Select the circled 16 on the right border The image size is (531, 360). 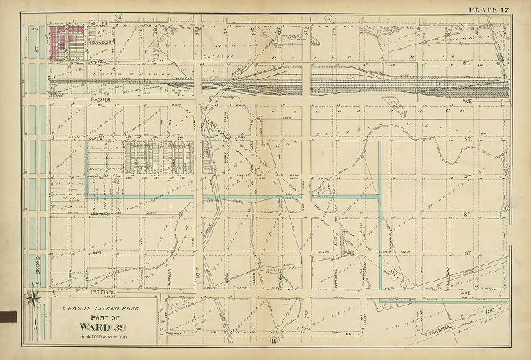point(505,209)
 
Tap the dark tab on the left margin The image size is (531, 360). point(9,315)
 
